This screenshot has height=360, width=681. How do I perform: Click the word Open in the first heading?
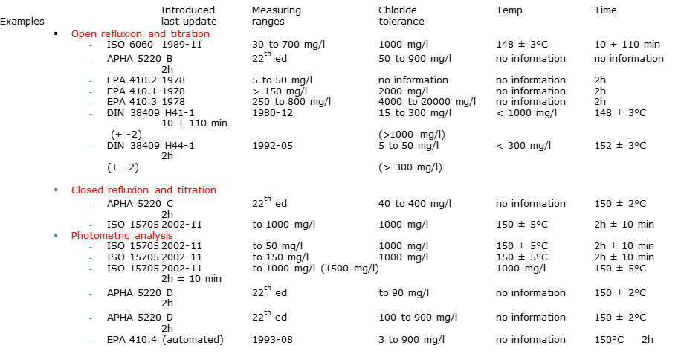point(84,34)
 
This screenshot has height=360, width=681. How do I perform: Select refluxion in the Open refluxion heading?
point(123,34)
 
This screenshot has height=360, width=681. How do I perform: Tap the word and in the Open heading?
point(157,34)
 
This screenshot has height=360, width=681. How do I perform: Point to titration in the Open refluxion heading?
point(190,34)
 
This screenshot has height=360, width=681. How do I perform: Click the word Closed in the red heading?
point(88,190)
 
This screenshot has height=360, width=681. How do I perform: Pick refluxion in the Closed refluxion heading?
point(129,190)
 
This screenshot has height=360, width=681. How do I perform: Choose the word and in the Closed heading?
point(164,190)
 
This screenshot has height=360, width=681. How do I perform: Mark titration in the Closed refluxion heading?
point(197,190)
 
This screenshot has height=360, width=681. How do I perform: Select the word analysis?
point(154,236)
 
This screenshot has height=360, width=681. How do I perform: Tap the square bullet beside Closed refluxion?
point(56,190)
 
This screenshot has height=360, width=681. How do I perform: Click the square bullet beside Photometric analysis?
point(56,235)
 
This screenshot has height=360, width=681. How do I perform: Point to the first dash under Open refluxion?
point(91,45)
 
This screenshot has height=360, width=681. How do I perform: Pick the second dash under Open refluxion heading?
point(91,60)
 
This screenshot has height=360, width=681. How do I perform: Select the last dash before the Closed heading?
point(91,147)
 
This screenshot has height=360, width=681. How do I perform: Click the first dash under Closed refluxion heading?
point(91,204)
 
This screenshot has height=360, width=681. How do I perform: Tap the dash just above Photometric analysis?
point(91,225)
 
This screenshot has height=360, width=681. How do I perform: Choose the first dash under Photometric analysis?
point(91,247)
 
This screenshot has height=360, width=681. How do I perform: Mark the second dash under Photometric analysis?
point(91,258)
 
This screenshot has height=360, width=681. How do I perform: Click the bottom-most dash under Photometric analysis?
point(91,341)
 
